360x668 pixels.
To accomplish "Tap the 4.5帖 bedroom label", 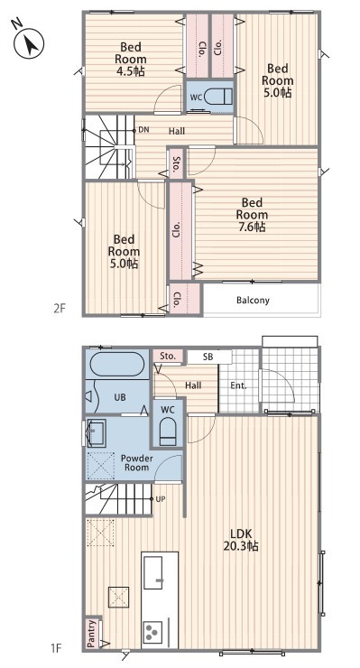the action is point(130,59).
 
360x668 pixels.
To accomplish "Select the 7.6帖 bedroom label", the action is point(252,214).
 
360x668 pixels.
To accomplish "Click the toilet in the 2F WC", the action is point(218,97).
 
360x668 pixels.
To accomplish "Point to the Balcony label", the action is point(253,300).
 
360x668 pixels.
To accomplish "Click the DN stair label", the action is point(144,130).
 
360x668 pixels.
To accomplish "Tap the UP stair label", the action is point(161,498).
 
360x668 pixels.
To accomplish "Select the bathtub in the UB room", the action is point(116,364).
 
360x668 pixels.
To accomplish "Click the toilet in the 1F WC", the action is point(168,431).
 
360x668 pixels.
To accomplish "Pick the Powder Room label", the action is point(137,463).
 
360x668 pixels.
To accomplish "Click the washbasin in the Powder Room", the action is point(97,432).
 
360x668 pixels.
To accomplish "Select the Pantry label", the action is point(92,633).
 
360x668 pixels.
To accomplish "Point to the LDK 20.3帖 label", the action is point(241,539).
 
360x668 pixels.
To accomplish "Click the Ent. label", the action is point(238,386).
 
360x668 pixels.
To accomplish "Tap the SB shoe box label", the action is point(208,357).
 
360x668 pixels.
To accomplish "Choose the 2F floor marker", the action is point(60,308).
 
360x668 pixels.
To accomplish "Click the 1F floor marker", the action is point(56,649).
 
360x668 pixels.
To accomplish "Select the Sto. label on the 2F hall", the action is point(176,164).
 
